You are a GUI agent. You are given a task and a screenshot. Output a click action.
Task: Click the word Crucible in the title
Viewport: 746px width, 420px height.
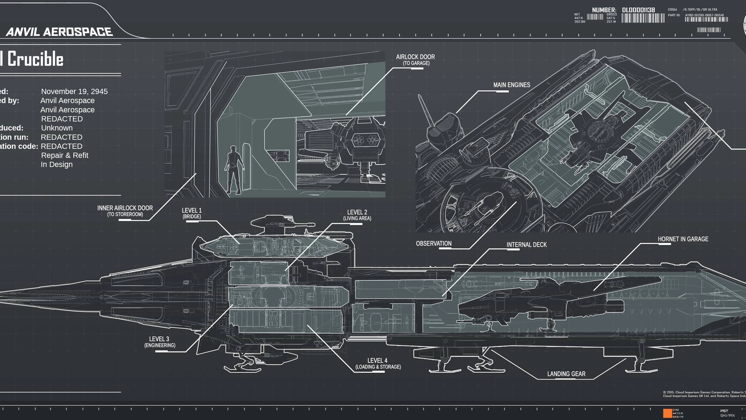coord(35,59)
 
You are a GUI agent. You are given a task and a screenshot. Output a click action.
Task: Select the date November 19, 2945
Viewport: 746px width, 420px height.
coord(74,91)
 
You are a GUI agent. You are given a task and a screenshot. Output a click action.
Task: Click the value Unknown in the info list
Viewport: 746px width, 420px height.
coord(57,128)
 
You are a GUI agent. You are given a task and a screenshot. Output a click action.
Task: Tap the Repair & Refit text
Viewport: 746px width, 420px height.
coord(65,155)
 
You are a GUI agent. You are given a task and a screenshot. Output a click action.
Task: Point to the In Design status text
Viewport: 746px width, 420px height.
coord(57,164)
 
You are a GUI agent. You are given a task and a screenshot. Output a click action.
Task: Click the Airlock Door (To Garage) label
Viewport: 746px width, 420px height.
coord(415,60)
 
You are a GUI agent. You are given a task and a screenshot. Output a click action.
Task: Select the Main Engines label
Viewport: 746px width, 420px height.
coord(512,85)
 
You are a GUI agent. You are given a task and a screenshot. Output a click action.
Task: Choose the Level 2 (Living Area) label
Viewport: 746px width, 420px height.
coord(357,215)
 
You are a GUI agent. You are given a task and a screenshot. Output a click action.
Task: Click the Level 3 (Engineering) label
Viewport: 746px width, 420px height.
coord(160,342)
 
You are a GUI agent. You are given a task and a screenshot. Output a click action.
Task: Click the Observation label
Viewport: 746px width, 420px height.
coord(434,243)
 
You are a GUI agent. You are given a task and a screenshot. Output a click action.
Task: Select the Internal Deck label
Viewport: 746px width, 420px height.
coord(527,245)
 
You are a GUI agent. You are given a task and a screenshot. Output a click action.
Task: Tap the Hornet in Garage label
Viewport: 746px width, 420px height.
coord(683,239)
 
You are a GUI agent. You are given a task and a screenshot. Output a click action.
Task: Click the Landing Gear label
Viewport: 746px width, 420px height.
coord(566,374)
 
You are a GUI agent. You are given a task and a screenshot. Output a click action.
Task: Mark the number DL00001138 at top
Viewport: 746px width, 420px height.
coord(638,10)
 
